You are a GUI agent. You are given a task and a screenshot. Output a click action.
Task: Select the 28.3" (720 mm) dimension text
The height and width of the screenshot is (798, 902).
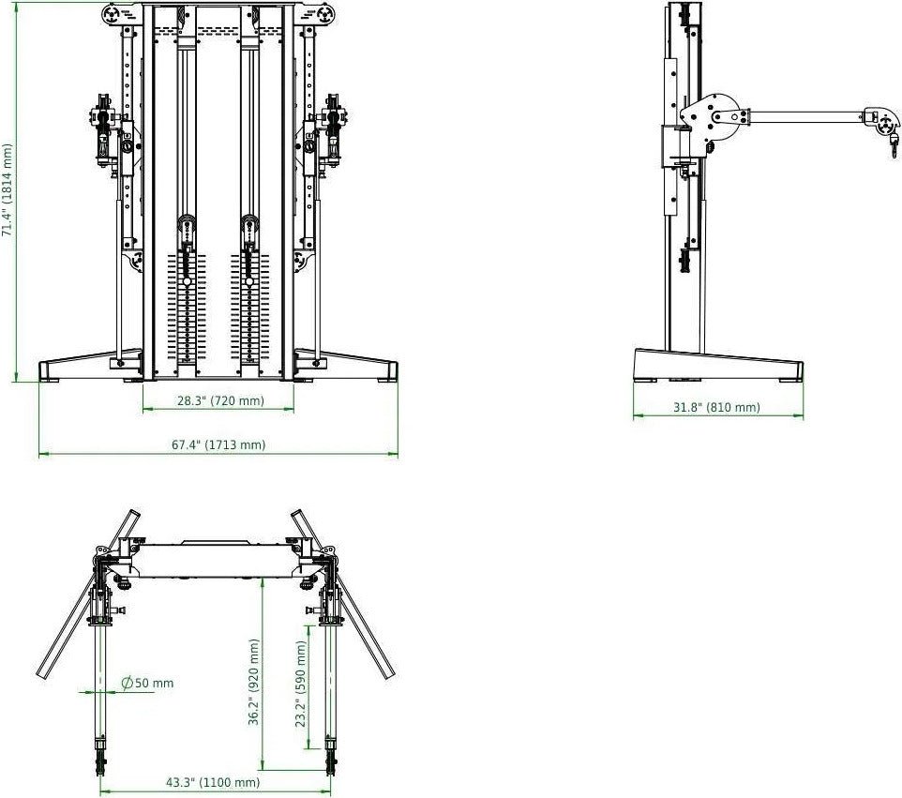tap(220, 401)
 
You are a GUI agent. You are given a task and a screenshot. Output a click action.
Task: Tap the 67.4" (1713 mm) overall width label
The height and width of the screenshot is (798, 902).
tap(218, 444)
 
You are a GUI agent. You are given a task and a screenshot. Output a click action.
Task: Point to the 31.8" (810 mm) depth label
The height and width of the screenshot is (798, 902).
tap(716, 407)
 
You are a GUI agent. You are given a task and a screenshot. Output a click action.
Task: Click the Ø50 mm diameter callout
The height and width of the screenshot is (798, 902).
tap(147, 683)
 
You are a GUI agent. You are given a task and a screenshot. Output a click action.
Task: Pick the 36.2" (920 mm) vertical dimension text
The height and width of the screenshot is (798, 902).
tap(254, 683)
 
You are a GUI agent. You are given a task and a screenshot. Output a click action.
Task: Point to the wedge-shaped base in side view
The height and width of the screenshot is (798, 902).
tap(718, 365)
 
